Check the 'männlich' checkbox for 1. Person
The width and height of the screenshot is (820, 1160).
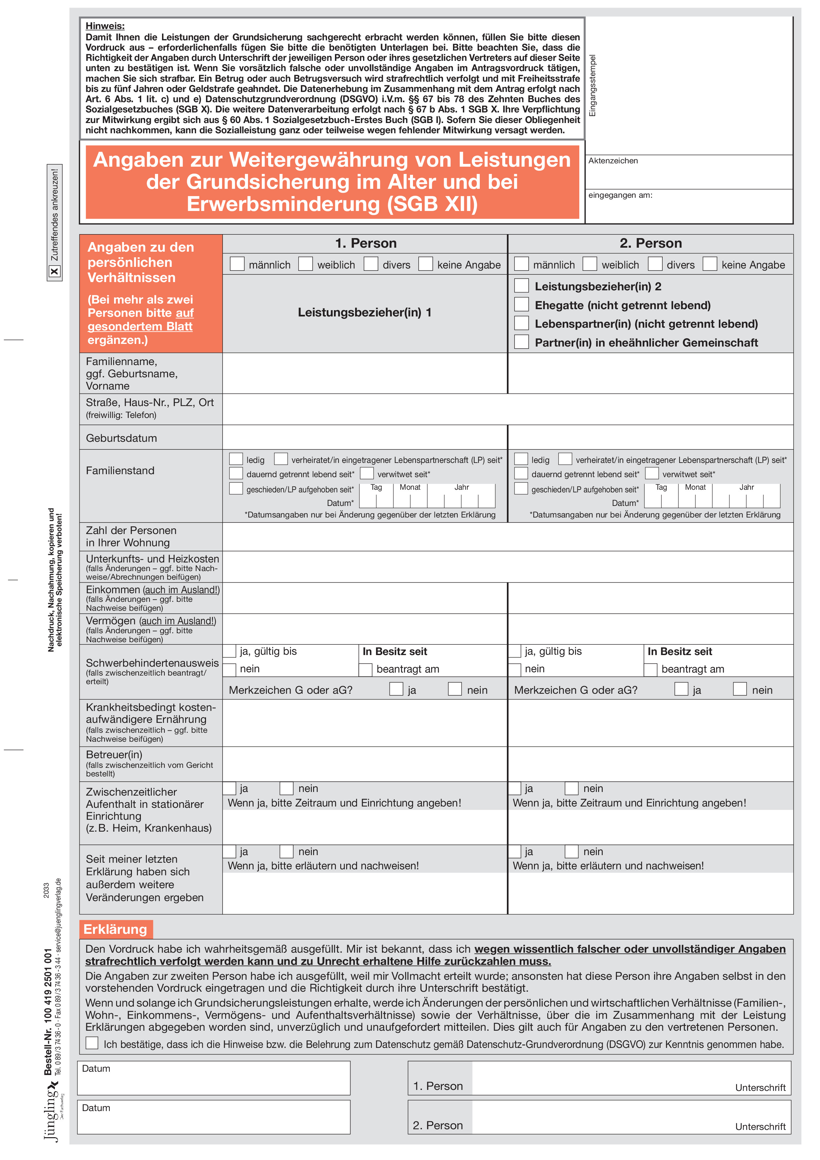point(237,264)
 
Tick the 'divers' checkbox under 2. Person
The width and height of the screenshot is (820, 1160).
point(655,264)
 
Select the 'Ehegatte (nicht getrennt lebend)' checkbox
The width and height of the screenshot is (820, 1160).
point(521,305)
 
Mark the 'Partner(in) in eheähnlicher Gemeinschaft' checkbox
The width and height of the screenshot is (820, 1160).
point(521,342)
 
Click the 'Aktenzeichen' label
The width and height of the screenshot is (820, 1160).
point(613,161)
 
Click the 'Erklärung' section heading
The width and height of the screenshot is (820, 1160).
point(115,929)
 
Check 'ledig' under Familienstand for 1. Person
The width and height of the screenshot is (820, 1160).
point(236,459)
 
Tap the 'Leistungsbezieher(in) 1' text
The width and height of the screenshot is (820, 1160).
point(364,312)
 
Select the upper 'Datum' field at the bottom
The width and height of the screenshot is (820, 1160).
point(213,1078)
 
